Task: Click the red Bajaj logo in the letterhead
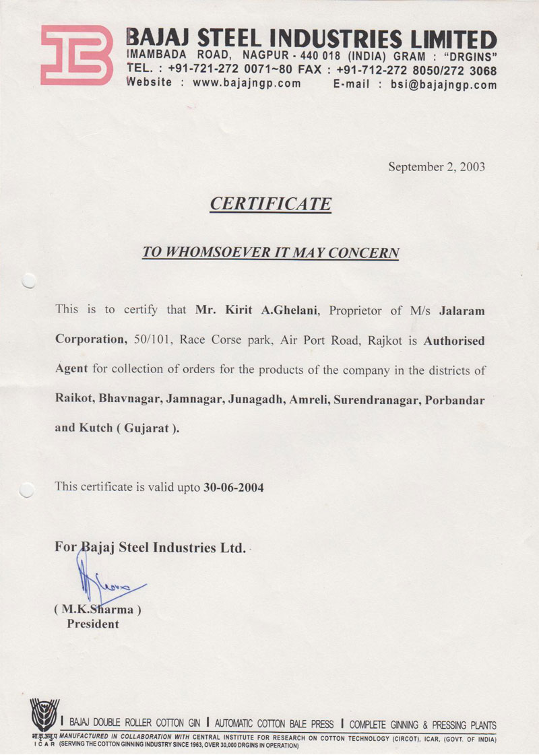tap(76, 55)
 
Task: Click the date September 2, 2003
tap(436, 166)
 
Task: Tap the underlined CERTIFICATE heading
tap(270, 203)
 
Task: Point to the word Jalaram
tap(462, 310)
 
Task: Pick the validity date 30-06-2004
tap(233, 487)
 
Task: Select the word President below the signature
tap(92, 624)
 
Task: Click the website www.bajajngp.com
tap(247, 84)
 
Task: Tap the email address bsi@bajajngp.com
tap(444, 84)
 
